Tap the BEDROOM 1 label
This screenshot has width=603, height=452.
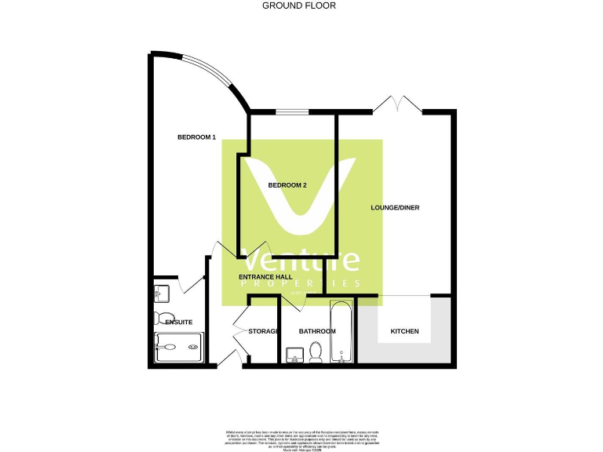(196, 137)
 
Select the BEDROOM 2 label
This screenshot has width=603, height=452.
(287, 185)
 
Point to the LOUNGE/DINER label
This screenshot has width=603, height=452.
(396, 208)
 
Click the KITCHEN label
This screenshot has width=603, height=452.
(404, 331)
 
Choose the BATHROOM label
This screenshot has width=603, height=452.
(316, 331)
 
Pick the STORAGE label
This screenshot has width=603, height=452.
(263, 331)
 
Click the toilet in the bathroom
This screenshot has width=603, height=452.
(316, 354)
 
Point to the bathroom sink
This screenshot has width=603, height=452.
(294, 355)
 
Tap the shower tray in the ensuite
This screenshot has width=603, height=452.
(179, 347)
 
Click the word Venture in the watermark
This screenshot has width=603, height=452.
(301, 261)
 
